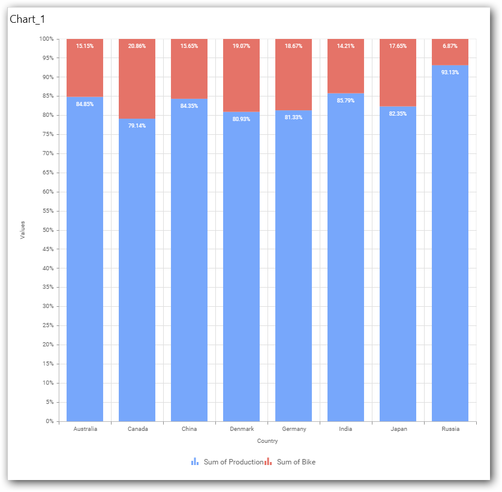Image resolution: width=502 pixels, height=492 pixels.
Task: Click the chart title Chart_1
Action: click(28, 19)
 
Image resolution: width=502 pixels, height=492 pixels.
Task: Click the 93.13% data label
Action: click(450, 73)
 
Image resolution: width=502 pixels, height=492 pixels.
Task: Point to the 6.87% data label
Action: click(450, 46)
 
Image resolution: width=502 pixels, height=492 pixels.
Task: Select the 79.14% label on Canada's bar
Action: click(137, 126)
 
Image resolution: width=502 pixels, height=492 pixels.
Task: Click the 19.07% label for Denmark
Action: click(241, 46)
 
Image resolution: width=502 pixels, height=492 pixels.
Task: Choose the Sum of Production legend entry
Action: click(228, 462)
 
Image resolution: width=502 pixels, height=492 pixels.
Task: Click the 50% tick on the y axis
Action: click(47, 230)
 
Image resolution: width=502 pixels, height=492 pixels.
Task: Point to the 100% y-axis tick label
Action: click(46, 39)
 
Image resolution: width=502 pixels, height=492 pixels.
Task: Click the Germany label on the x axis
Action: click(293, 429)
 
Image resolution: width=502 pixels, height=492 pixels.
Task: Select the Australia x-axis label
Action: click(85, 429)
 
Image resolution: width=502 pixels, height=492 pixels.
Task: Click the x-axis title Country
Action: click(267, 441)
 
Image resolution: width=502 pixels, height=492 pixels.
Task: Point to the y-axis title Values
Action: click(23, 230)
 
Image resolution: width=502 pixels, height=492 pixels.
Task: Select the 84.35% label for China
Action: click(189, 106)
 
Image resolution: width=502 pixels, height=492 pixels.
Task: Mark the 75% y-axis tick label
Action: click(47, 134)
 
